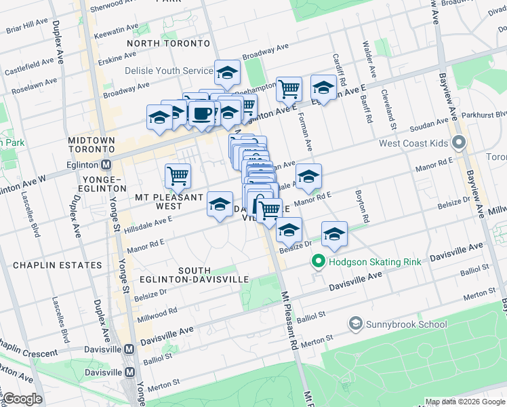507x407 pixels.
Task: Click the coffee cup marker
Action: tap(201, 113)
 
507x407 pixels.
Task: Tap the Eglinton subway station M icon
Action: tap(106, 164)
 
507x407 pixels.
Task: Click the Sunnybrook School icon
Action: tap(355, 323)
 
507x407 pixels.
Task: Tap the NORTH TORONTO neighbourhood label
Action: tap(168, 43)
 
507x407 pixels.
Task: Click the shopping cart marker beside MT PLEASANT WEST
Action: tap(178, 176)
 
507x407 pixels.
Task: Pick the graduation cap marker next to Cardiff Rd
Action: tap(324, 88)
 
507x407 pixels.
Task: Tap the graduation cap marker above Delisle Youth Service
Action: tap(227, 72)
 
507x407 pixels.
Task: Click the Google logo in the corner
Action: tap(22, 399)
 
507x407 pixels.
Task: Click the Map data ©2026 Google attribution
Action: tap(464, 402)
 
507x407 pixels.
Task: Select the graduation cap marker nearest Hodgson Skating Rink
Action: tap(333, 234)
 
